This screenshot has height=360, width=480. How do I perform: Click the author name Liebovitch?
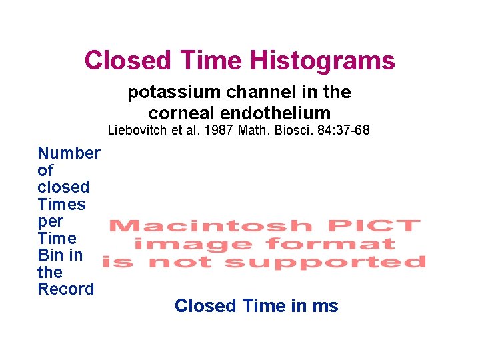click(x=139, y=130)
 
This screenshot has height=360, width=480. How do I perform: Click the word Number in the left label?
click(x=69, y=153)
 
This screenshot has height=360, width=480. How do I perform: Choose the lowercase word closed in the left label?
click(x=63, y=187)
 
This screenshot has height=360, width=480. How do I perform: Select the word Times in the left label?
click(x=61, y=205)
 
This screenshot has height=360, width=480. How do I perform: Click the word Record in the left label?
click(x=65, y=289)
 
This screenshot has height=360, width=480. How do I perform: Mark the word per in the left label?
click(x=51, y=221)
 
